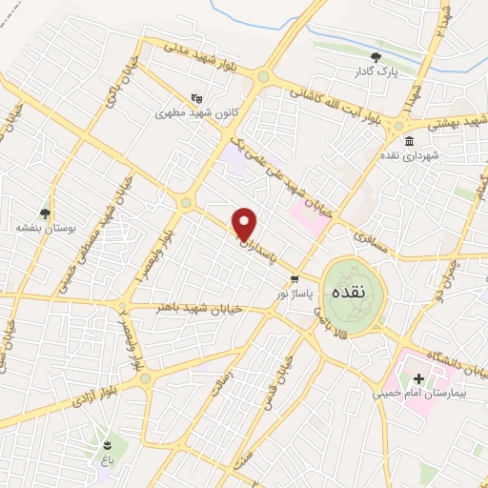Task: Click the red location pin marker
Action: pos(246,224)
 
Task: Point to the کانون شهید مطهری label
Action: pos(196,112)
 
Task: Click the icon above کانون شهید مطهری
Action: pos(196,97)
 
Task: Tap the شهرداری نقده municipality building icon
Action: pos(409,141)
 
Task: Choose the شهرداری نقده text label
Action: pos(409,155)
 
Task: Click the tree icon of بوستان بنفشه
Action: pos(44,213)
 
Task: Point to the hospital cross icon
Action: pos(418,379)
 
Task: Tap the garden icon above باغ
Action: pos(109,444)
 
